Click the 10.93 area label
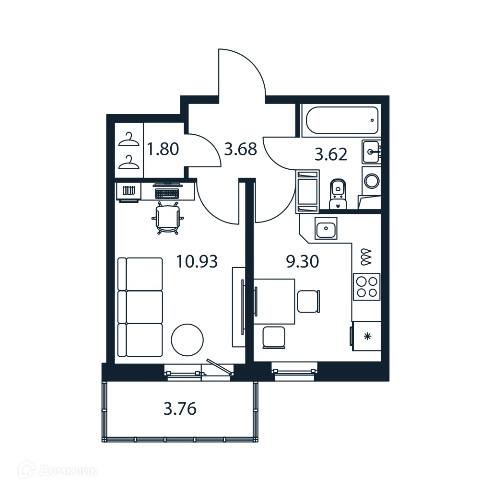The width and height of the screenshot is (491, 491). pos(197,262)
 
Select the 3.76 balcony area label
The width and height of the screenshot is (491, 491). pos(180,409)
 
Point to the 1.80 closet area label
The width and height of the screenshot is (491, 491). pos(163,150)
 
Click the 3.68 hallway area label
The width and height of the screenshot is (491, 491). pos(241,150)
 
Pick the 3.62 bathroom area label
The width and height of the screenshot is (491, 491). pos(330,155)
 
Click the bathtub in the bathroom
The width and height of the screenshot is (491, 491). pos(340,120)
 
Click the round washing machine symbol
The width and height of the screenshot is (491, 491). pos(371,181)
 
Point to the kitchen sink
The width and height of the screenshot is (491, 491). pos(326,228)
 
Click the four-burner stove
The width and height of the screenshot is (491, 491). pos(366,286)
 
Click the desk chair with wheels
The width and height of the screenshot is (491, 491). pos(167,219)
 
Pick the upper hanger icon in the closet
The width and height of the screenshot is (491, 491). pos(129,139)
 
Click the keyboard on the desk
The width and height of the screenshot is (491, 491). pos(167,194)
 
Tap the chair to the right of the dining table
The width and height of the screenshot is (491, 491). pos(307,301)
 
